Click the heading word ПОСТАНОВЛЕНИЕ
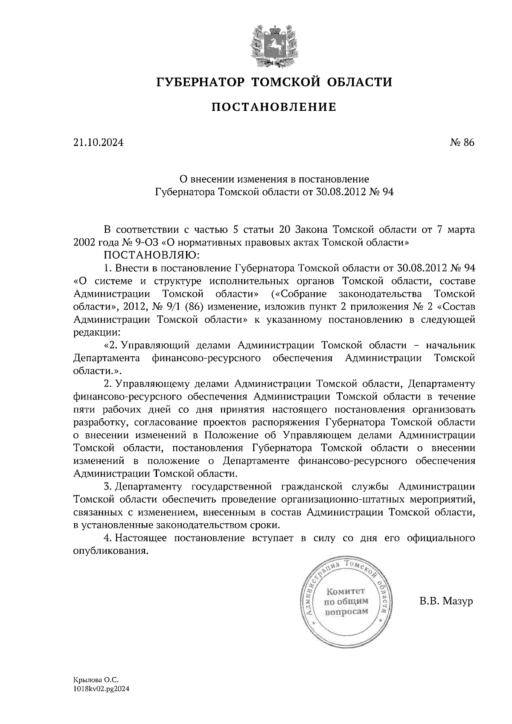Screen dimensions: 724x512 (x=273, y=107)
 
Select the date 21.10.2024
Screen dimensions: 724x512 (x=99, y=142)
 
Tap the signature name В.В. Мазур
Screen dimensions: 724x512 (x=446, y=602)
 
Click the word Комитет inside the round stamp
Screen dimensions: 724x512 (x=346, y=591)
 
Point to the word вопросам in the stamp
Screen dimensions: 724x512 (x=346, y=612)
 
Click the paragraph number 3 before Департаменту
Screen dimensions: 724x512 (x=107, y=487)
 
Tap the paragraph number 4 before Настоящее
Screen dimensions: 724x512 (x=107, y=538)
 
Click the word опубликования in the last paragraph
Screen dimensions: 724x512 (x=111, y=551)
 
